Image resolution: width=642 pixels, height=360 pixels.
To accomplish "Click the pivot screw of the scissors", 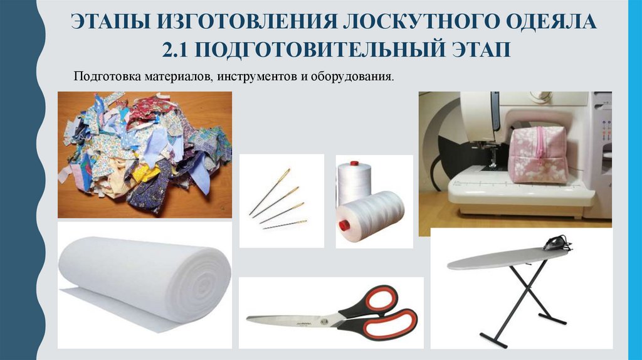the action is click(325, 319).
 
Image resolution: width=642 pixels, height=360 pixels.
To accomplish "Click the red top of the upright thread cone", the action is click(355, 164).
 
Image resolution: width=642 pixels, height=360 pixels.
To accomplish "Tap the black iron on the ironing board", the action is click(557, 243).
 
